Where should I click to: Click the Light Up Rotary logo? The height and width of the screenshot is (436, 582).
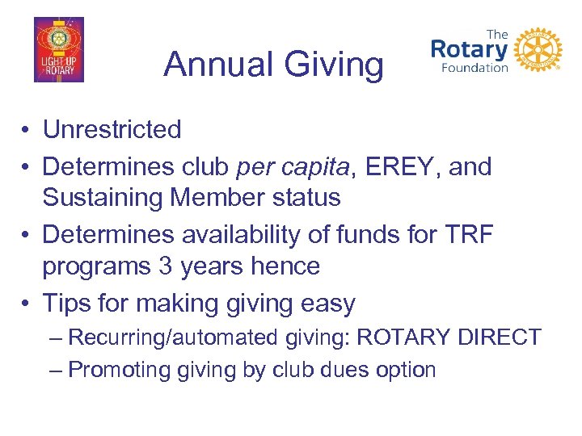pos(58,50)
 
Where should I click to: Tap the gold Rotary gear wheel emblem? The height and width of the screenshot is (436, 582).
pos(538,51)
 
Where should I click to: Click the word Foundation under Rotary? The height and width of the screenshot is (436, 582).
pos(474,68)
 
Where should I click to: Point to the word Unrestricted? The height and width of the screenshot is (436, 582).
pos(112,129)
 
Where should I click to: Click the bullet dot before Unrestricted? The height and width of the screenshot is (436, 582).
pos(27,130)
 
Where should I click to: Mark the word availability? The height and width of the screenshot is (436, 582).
pos(230,235)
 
